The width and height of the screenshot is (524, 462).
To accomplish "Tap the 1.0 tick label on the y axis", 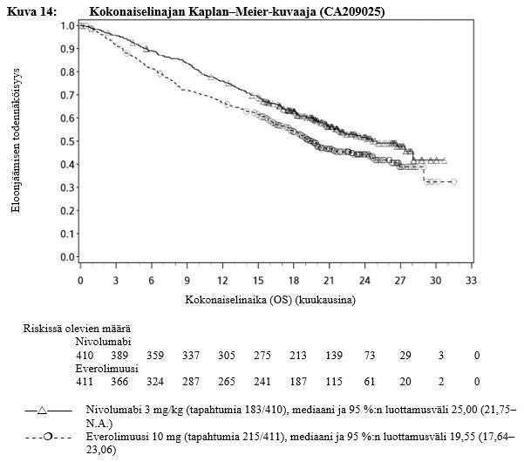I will point(66,25).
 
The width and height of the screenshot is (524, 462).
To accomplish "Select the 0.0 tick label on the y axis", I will point(66,257).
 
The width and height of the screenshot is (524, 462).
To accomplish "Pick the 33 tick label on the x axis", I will point(472,281).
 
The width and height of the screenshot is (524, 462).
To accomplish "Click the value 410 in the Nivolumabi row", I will point(85,355).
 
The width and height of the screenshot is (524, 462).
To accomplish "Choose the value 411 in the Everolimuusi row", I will point(85,382).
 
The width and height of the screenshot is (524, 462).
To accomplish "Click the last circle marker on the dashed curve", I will point(453,181).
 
